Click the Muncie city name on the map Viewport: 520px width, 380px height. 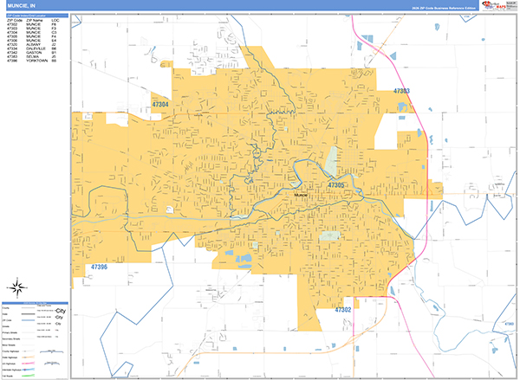click(302, 195)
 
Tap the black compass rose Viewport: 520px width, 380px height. click(17, 287)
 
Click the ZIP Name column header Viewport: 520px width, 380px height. click(34, 18)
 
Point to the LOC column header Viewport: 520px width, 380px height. click(55, 18)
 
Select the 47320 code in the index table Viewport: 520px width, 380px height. click(12, 43)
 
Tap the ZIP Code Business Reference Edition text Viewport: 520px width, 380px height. click(454, 8)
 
